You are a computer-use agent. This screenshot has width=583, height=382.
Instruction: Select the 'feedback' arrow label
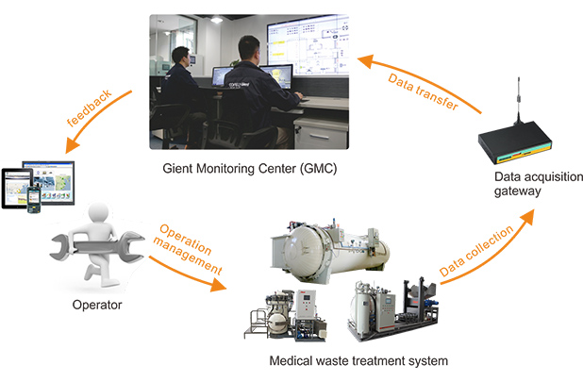pos(90,111)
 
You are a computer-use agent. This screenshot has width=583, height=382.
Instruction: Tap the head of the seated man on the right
pos(247,47)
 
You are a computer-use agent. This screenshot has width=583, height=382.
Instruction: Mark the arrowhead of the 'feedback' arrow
pos(65,151)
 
